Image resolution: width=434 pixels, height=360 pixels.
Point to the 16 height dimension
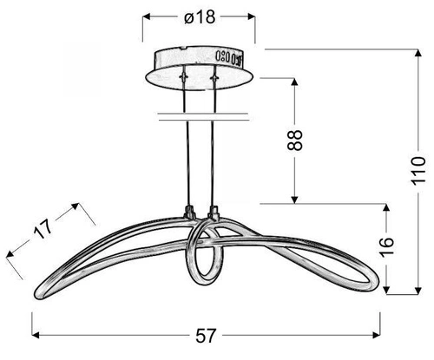pyautogui.click(x=388, y=251)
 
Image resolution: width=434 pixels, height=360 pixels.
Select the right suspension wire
pyautogui.click(x=210, y=165)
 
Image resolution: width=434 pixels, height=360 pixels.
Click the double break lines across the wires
pyautogui.click(x=199, y=115)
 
